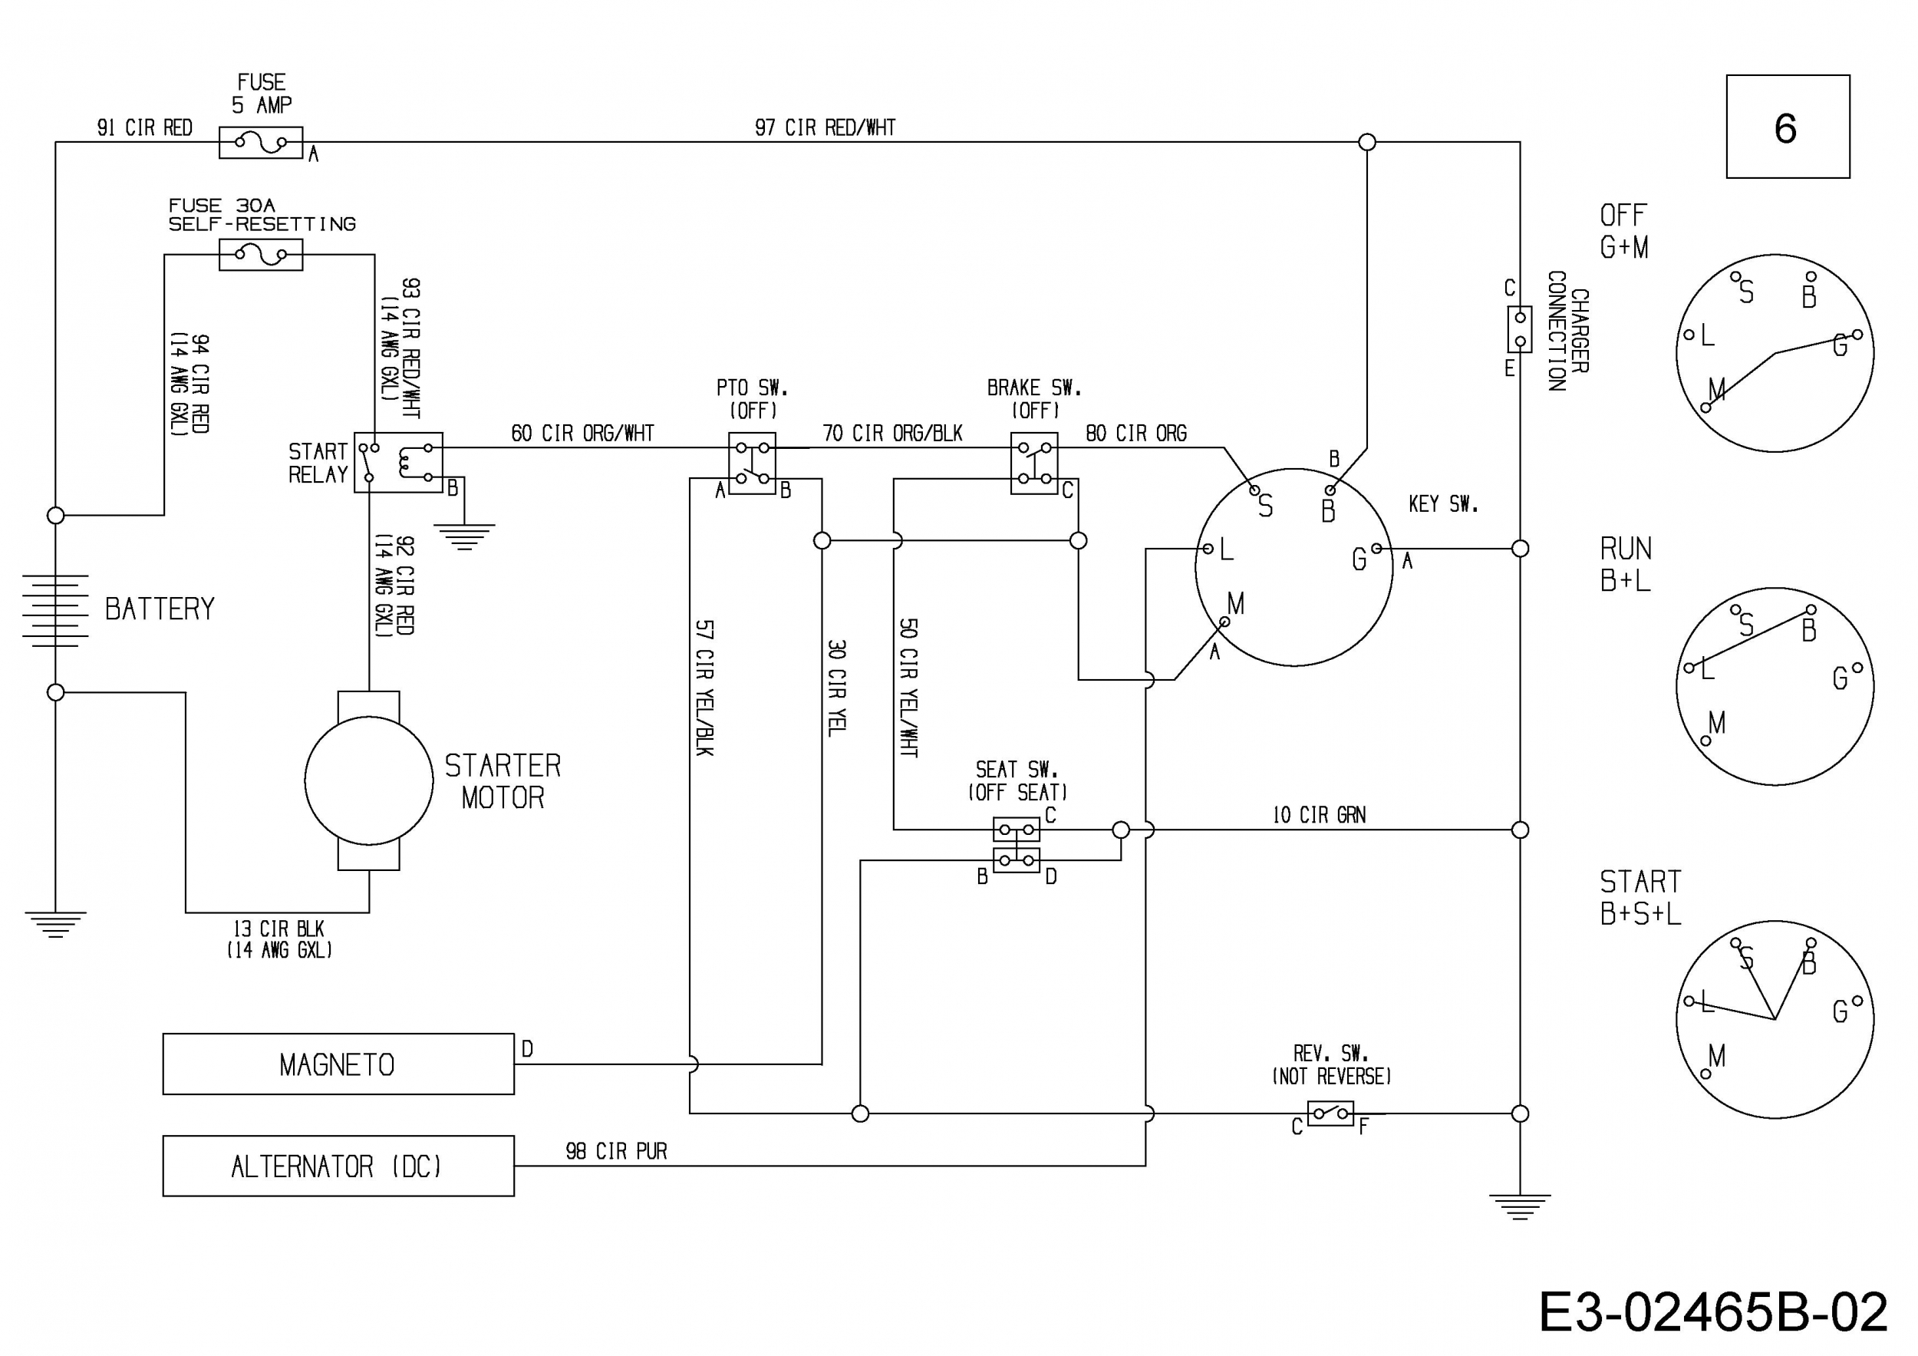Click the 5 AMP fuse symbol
(x=261, y=143)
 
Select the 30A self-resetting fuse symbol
(x=261, y=254)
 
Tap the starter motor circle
(x=369, y=780)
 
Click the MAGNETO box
(x=338, y=1064)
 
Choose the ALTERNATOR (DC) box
(x=338, y=1166)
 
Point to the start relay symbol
(x=398, y=462)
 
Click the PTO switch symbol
(x=752, y=463)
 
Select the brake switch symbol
(x=1034, y=463)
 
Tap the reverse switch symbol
(x=1330, y=1113)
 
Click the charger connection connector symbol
(x=1520, y=329)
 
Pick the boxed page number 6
(x=1788, y=126)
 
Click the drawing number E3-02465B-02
(x=1712, y=1312)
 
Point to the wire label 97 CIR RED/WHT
(x=826, y=128)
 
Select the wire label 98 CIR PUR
(x=617, y=1151)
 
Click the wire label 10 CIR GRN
(x=1319, y=815)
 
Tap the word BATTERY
(x=160, y=609)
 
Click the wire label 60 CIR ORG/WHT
(x=582, y=433)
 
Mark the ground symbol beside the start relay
(x=464, y=536)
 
